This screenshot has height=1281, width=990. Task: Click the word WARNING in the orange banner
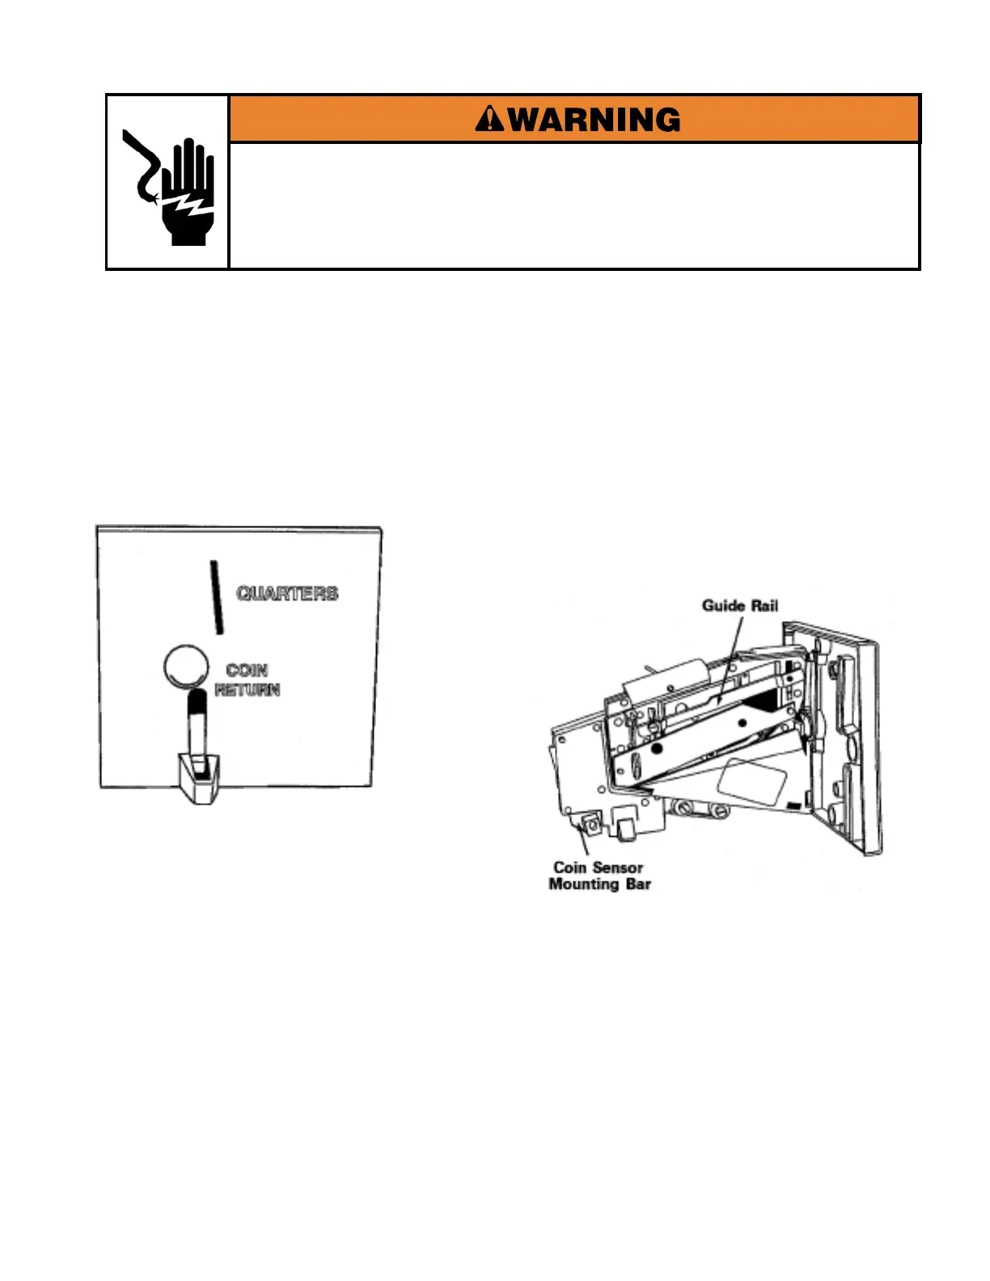pos(594,120)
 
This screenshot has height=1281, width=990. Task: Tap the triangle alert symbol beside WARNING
pos(489,120)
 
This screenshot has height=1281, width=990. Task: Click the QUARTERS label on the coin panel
pos(287,594)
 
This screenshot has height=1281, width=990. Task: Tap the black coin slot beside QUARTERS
pos(216,597)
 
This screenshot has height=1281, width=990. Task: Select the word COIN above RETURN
pos(247,670)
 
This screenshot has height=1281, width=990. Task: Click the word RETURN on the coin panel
pos(247,690)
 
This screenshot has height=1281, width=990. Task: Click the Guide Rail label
pos(739,605)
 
